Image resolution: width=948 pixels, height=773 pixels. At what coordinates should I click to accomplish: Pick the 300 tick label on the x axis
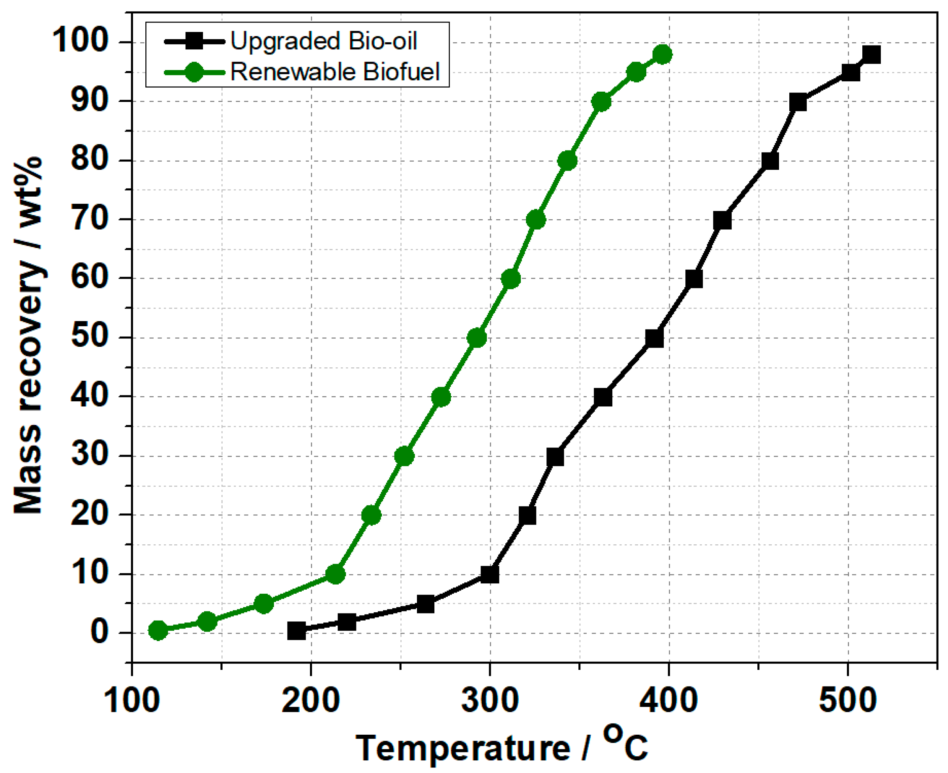[490, 700]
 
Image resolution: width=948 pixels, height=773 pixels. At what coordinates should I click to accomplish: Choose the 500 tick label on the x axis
[847, 700]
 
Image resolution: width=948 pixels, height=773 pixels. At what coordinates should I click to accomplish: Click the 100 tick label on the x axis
[132, 700]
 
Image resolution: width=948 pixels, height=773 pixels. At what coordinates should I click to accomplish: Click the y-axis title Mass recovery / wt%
[28, 337]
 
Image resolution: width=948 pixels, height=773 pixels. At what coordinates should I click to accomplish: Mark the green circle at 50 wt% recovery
[477, 339]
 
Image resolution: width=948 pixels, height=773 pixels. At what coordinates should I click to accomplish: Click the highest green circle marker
[662, 55]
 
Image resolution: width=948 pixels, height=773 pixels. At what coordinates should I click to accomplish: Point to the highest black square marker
[871, 55]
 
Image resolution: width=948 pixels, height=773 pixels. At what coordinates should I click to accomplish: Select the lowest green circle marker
[158, 630]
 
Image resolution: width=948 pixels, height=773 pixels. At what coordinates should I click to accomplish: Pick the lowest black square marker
[297, 630]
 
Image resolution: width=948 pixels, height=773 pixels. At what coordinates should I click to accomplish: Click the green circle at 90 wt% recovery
[601, 102]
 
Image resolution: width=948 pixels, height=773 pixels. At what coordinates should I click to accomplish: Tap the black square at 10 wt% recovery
[490, 575]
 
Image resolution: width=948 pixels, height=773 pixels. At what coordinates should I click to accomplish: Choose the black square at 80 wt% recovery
[770, 161]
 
